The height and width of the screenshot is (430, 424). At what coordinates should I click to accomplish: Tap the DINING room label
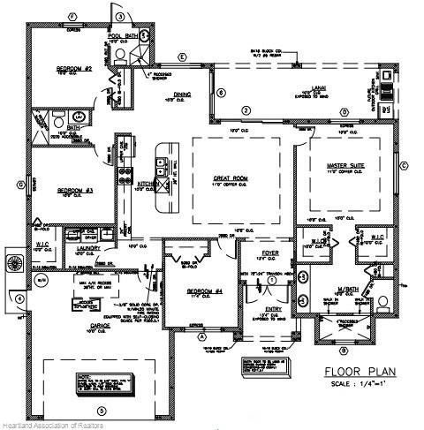182,97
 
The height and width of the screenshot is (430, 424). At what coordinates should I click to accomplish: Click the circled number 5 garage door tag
100,410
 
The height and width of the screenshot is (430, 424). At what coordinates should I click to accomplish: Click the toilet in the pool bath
120,54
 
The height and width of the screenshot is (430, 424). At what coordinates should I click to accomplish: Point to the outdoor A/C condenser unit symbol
13,264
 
